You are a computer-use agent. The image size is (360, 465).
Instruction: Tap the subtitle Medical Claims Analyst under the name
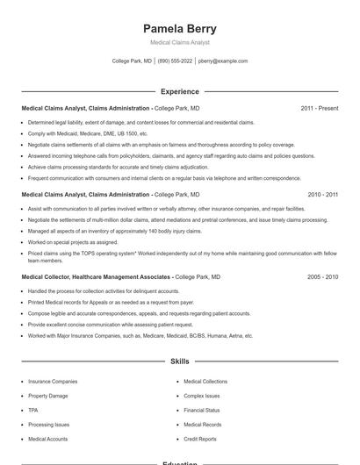click(x=179, y=42)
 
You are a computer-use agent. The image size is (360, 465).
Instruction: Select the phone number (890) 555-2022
click(x=175, y=61)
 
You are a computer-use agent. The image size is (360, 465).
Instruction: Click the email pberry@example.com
click(x=223, y=61)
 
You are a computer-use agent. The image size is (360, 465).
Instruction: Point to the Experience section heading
click(x=179, y=91)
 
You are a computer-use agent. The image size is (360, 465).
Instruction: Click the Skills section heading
click(x=179, y=361)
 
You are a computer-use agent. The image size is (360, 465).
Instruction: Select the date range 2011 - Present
click(x=319, y=108)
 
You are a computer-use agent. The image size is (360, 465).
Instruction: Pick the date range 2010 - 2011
click(x=322, y=194)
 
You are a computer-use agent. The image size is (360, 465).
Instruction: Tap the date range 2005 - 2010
click(x=322, y=276)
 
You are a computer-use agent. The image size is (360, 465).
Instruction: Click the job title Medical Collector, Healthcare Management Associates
click(x=96, y=276)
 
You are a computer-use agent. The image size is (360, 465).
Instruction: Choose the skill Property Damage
click(x=47, y=396)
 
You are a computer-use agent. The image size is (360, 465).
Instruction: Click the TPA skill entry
click(x=33, y=410)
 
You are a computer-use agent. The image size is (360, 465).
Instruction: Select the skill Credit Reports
click(x=200, y=439)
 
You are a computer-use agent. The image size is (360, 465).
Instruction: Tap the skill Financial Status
click(x=202, y=410)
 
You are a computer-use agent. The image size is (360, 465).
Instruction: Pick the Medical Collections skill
click(x=205, y=382)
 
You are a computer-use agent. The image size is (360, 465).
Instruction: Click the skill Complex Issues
click(x=202, y=396)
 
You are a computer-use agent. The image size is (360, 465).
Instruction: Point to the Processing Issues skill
click(x=49, y=424)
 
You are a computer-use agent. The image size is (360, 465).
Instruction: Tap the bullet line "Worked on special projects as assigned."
click(x=73, y=242)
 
